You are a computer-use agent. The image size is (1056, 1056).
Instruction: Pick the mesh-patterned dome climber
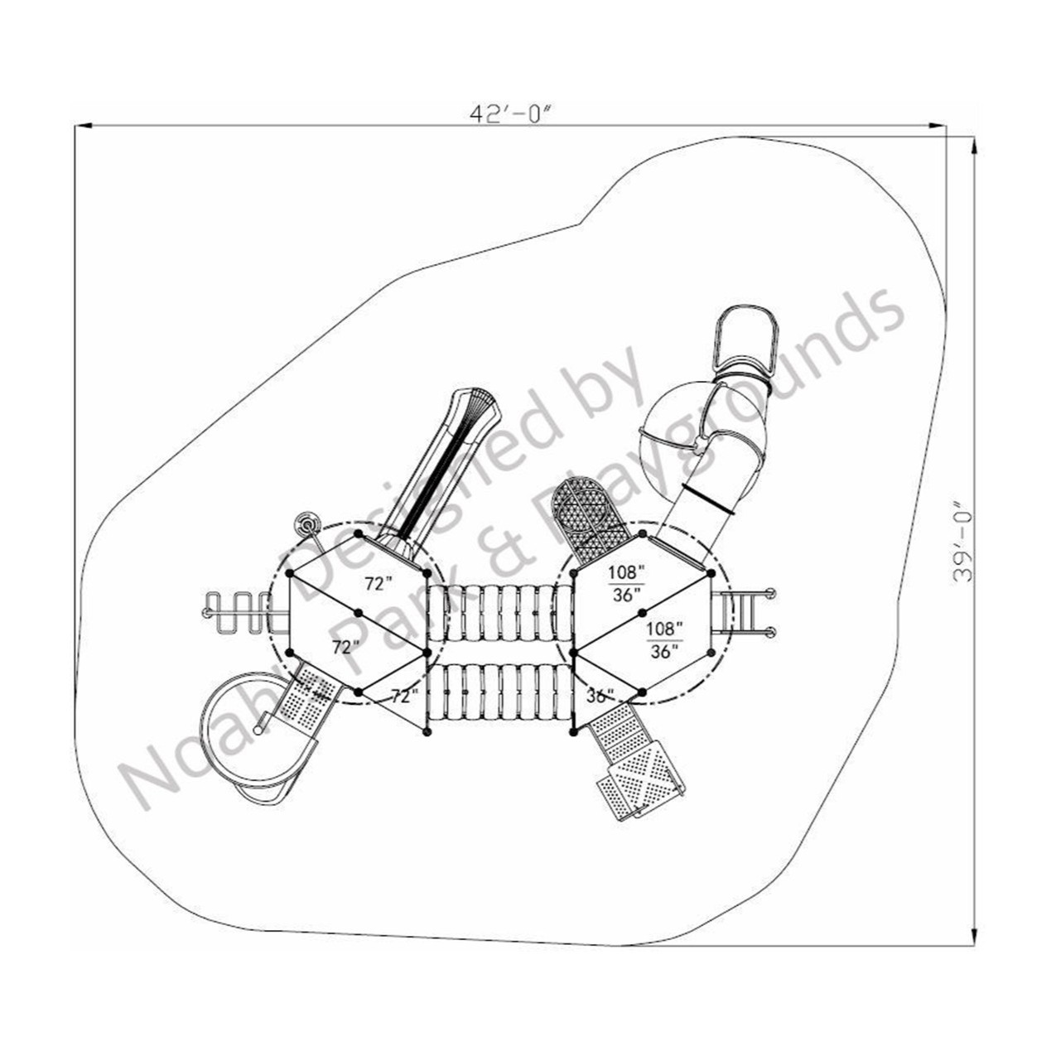click(591, 514)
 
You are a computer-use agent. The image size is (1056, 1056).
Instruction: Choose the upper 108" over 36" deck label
click(626, 582)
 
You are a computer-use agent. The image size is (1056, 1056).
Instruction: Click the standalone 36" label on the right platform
click(600, 694)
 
